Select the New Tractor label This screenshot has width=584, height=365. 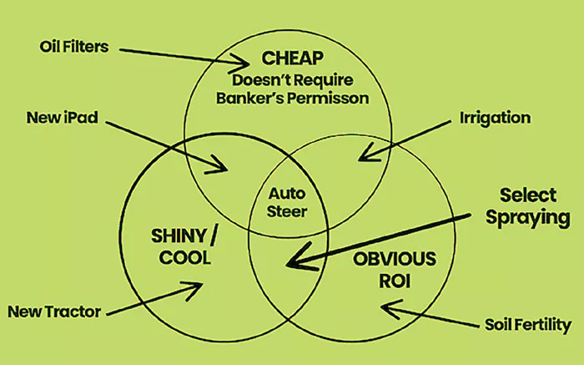pyautogui.click(x=54, y=312)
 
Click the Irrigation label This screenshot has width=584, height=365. pyautogui.click(x=495, y=118)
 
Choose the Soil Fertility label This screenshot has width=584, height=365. pyautogui.click(x=528, y=325)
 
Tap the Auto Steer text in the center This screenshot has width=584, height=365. pyautogui.click(x=288, y=201)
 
